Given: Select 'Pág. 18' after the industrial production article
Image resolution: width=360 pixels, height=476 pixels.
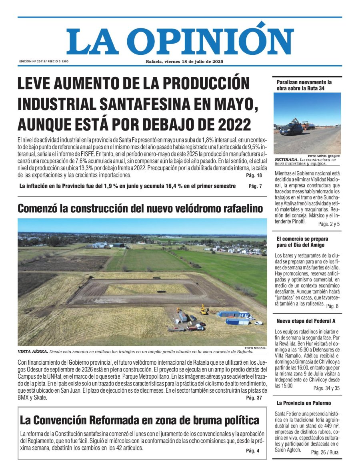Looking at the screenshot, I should pyautogui.click(x=254, y=175).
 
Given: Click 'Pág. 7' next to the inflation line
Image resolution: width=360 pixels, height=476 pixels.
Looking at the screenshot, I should pyautogui.click(x=255, y=186).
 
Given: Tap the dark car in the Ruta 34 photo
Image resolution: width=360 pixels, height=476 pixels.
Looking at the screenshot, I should pyautogui.click(x=291, y=129).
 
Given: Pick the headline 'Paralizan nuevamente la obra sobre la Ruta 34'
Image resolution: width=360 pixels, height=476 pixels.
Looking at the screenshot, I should pyautogui.click(x=304, y=85).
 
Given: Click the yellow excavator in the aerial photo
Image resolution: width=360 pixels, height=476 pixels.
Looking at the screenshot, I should pyautogui.click(x=204, y=309).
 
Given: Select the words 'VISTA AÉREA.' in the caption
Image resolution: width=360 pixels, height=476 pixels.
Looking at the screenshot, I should pyautogui.click(x=33, y=352).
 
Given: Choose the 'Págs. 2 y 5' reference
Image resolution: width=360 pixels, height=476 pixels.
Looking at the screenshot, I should pyautogui.click(x=329, y=224).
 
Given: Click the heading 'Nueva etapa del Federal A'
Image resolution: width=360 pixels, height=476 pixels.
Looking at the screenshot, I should pyautogui.click(x=306, y=321).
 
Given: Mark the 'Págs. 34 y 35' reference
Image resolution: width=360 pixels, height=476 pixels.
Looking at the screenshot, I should pyautogui.click(x=326, y=388).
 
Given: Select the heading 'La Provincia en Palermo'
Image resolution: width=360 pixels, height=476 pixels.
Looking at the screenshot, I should pyautogui.click(x=303, y=403).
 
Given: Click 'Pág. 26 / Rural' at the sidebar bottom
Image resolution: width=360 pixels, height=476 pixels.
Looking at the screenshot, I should pyautogui.click(x=326, y=452).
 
